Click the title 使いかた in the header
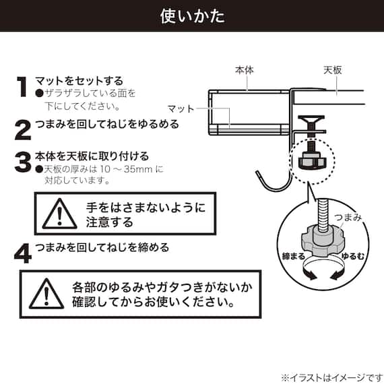[x=192, y=15]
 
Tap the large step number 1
[x=22, y=88]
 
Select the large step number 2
[x=22, y=128]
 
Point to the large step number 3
[x=22, y=162]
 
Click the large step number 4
[x=22, y=253]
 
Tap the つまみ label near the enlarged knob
[x=348, y=218]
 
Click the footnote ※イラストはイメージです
[x=330, y=376]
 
